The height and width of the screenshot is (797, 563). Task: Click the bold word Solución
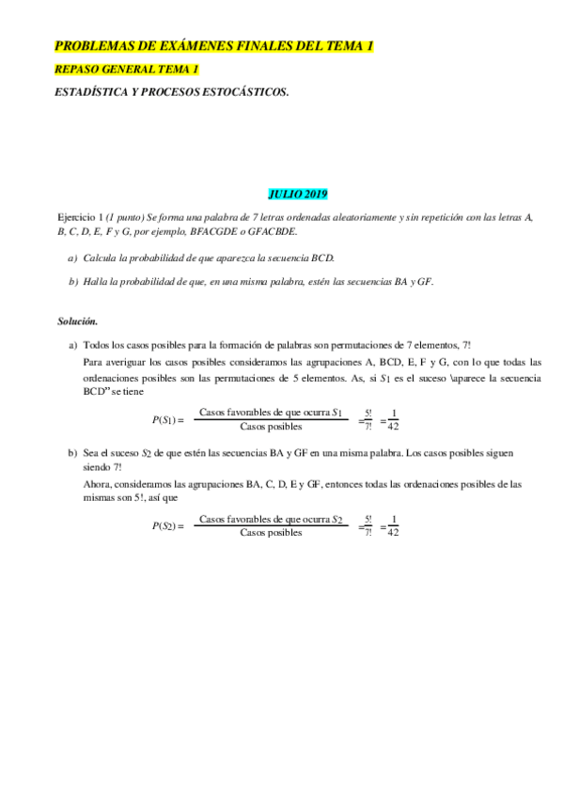[x=78, y=321]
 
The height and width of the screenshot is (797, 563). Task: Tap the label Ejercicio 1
[x=79, y=216]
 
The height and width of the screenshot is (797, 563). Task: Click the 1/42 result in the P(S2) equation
[x=393, y=526]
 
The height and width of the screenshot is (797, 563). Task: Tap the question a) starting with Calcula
[x=208, y=257]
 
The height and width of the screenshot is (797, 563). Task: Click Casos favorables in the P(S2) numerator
[x=230, y=519]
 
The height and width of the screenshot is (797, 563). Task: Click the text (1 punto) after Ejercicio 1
[x=127, y=216]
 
